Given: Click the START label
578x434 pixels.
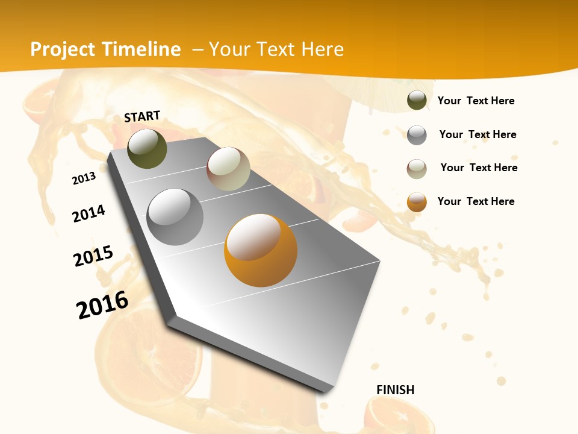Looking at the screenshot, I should point(142,116).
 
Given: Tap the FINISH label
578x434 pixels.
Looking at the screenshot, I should point(396,390).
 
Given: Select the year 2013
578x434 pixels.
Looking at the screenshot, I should point(84,178).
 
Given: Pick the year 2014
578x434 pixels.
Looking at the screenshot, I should point(89,214).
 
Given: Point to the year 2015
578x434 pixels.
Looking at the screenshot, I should point(93,256).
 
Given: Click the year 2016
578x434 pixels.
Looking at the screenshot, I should point(102,304).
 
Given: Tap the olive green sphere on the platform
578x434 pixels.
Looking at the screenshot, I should point(147,148).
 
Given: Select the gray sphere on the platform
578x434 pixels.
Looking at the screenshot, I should point(175,216).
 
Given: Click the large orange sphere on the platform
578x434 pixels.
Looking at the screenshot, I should point(261,250).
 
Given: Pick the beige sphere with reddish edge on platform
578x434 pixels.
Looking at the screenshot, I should point(228,169).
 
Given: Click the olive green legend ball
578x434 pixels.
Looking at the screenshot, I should point(417,101).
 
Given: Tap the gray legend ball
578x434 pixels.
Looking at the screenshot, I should point(417,135).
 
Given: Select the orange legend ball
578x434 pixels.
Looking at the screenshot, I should point(417,202).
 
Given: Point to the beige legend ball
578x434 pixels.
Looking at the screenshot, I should point(417,169).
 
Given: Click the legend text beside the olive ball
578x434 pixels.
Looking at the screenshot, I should point(476,101).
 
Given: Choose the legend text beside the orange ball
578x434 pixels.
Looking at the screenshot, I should point(476,201).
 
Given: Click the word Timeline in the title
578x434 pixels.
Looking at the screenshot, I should point(141,49).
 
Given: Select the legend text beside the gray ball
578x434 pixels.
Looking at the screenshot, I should point(477,134).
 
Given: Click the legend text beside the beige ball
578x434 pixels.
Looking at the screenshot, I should point(479,168).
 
